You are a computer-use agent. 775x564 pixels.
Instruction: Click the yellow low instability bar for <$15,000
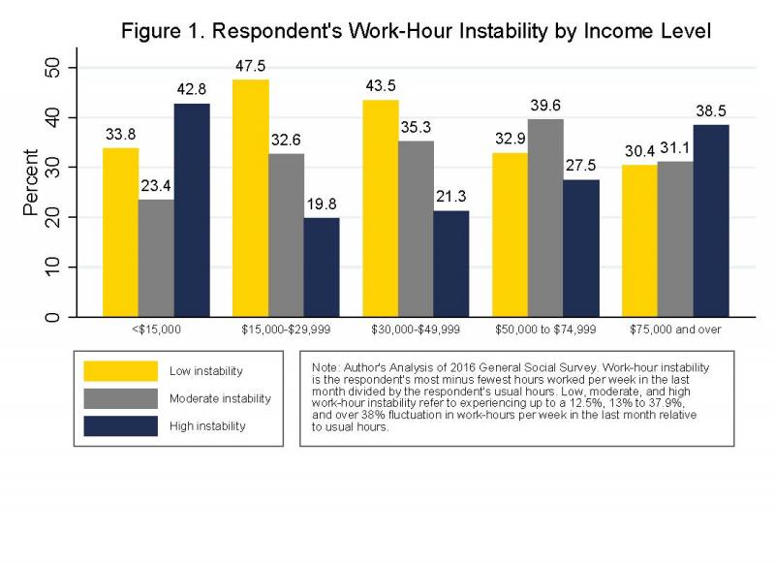120,233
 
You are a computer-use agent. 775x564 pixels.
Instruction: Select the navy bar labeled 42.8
192,210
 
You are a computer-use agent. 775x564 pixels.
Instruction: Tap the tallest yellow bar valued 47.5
251,198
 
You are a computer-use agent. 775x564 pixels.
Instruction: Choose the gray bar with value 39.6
545,218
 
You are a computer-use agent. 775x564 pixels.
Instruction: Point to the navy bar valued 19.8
322,267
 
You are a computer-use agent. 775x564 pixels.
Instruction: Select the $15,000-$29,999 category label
286,330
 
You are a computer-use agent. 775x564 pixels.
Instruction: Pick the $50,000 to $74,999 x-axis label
545,330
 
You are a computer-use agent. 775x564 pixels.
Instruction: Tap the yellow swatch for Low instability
120,370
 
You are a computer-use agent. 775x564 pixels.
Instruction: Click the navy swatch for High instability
120,425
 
